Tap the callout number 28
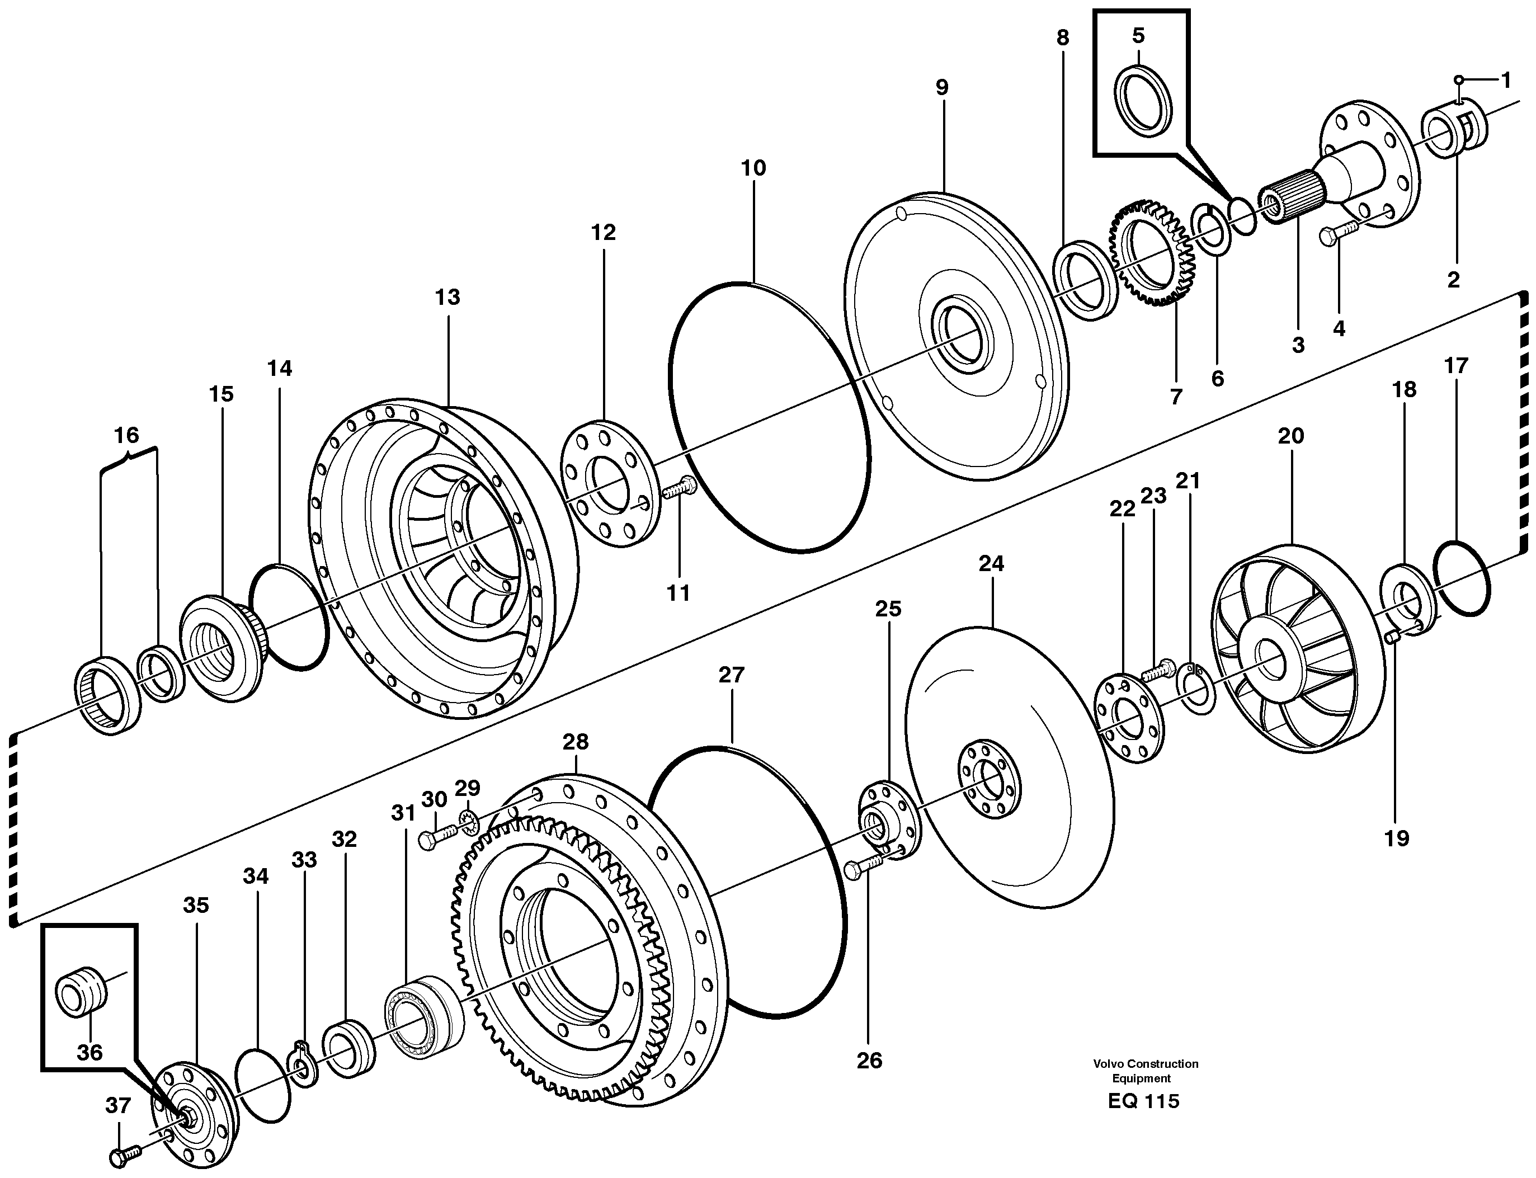tap(575, 741)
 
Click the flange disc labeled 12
tap(610, 483)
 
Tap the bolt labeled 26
tap(864, 868)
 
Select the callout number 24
tap(991, 563)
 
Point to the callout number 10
tap(753, 168)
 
